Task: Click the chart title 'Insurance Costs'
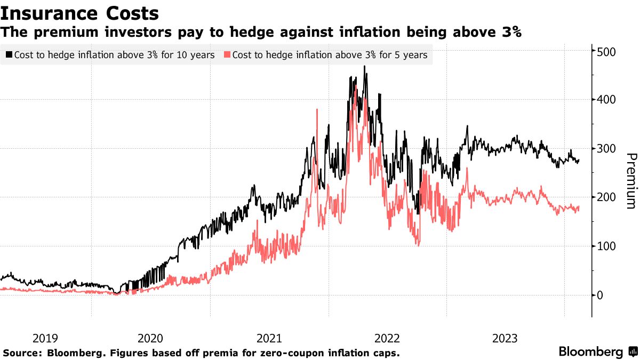[x=80, y=13]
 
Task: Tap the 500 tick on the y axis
[x=606, y=52]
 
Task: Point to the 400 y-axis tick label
[x=606, y=100]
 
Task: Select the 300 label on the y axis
[x=606, y=149]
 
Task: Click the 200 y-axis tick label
[x=606, y=197]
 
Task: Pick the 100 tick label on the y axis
[x=606, y=246]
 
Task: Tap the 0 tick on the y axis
[x=600, y=295]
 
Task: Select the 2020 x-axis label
[x=150, y=338]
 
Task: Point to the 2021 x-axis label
[x=269, y=338]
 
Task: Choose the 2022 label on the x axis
[x=387, y=338]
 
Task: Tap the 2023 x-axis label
[x=505, y=338]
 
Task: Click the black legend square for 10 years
[x=9, y=55]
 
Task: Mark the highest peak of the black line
[x=365, y=67]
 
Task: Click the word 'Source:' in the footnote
[x=23, y=353]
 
